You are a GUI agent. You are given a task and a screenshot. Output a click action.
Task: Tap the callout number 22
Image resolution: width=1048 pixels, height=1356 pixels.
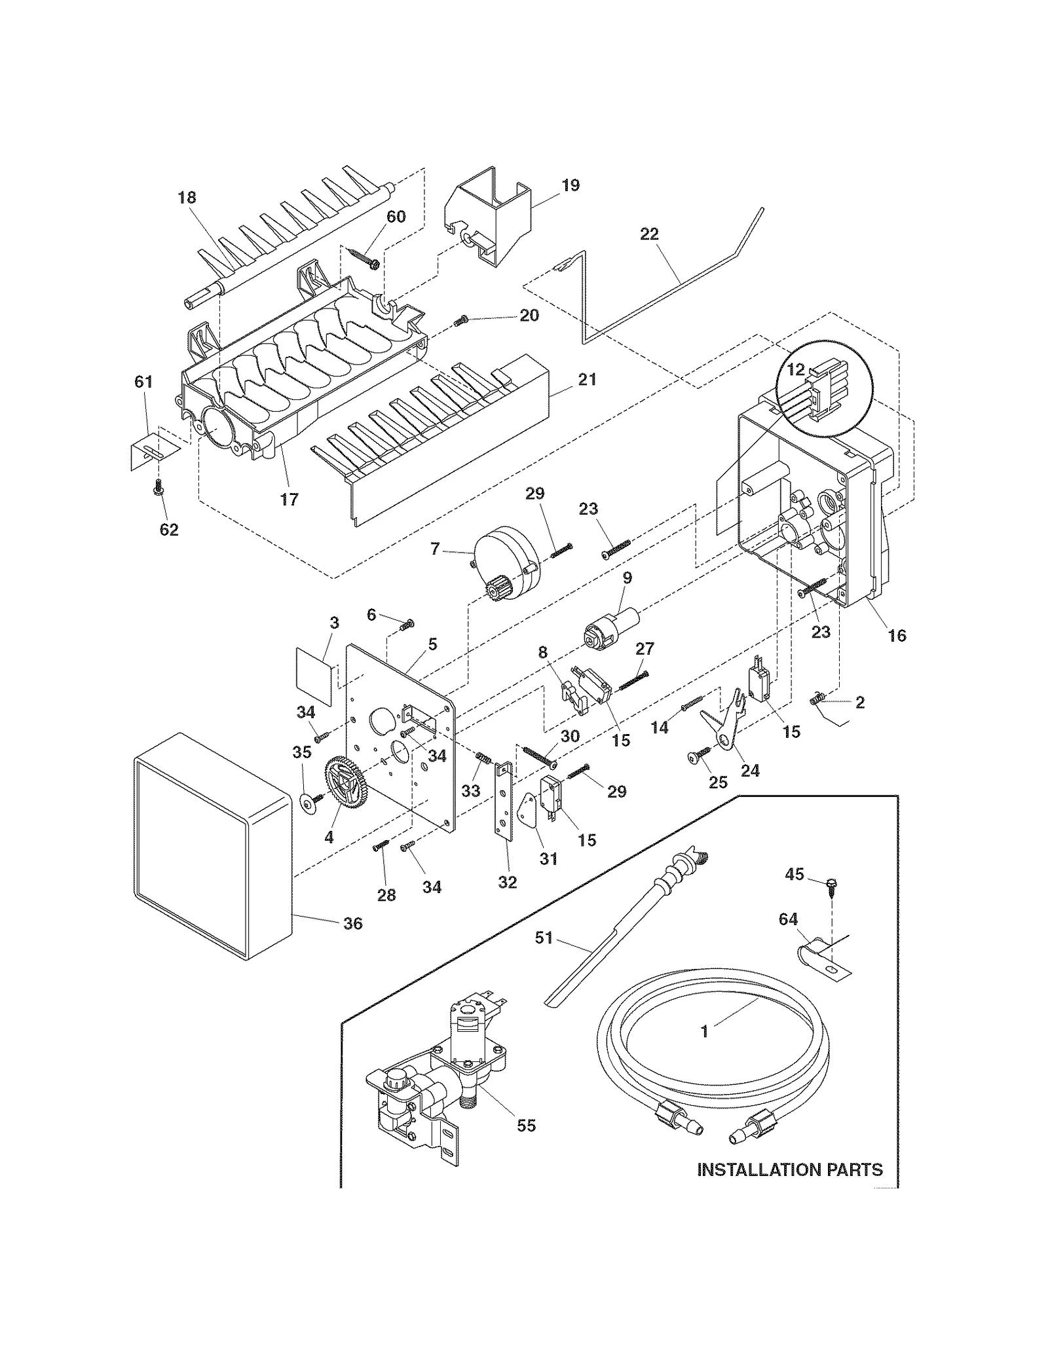pos(648,234)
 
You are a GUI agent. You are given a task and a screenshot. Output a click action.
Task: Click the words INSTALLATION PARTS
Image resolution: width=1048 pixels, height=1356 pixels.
pos(789,1169)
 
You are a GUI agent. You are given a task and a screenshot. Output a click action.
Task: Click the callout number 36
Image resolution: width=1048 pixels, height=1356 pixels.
pos(352,923)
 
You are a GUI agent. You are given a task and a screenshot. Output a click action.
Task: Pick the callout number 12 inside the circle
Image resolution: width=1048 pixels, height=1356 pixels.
pos(795,370)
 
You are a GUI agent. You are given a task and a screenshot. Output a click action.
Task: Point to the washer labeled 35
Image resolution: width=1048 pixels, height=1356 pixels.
pos(305,803)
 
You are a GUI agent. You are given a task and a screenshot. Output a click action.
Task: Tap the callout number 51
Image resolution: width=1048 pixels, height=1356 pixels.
pos(544,938)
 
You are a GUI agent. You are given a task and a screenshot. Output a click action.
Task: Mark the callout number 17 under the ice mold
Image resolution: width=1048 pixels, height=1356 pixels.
pos(289,499)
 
